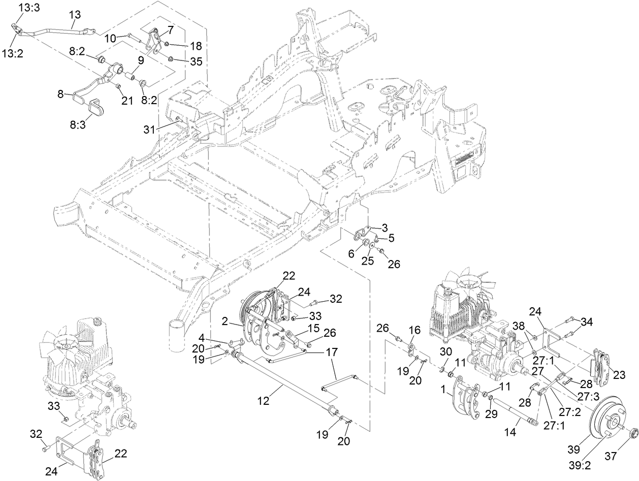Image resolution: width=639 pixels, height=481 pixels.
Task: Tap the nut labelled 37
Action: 634,434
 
